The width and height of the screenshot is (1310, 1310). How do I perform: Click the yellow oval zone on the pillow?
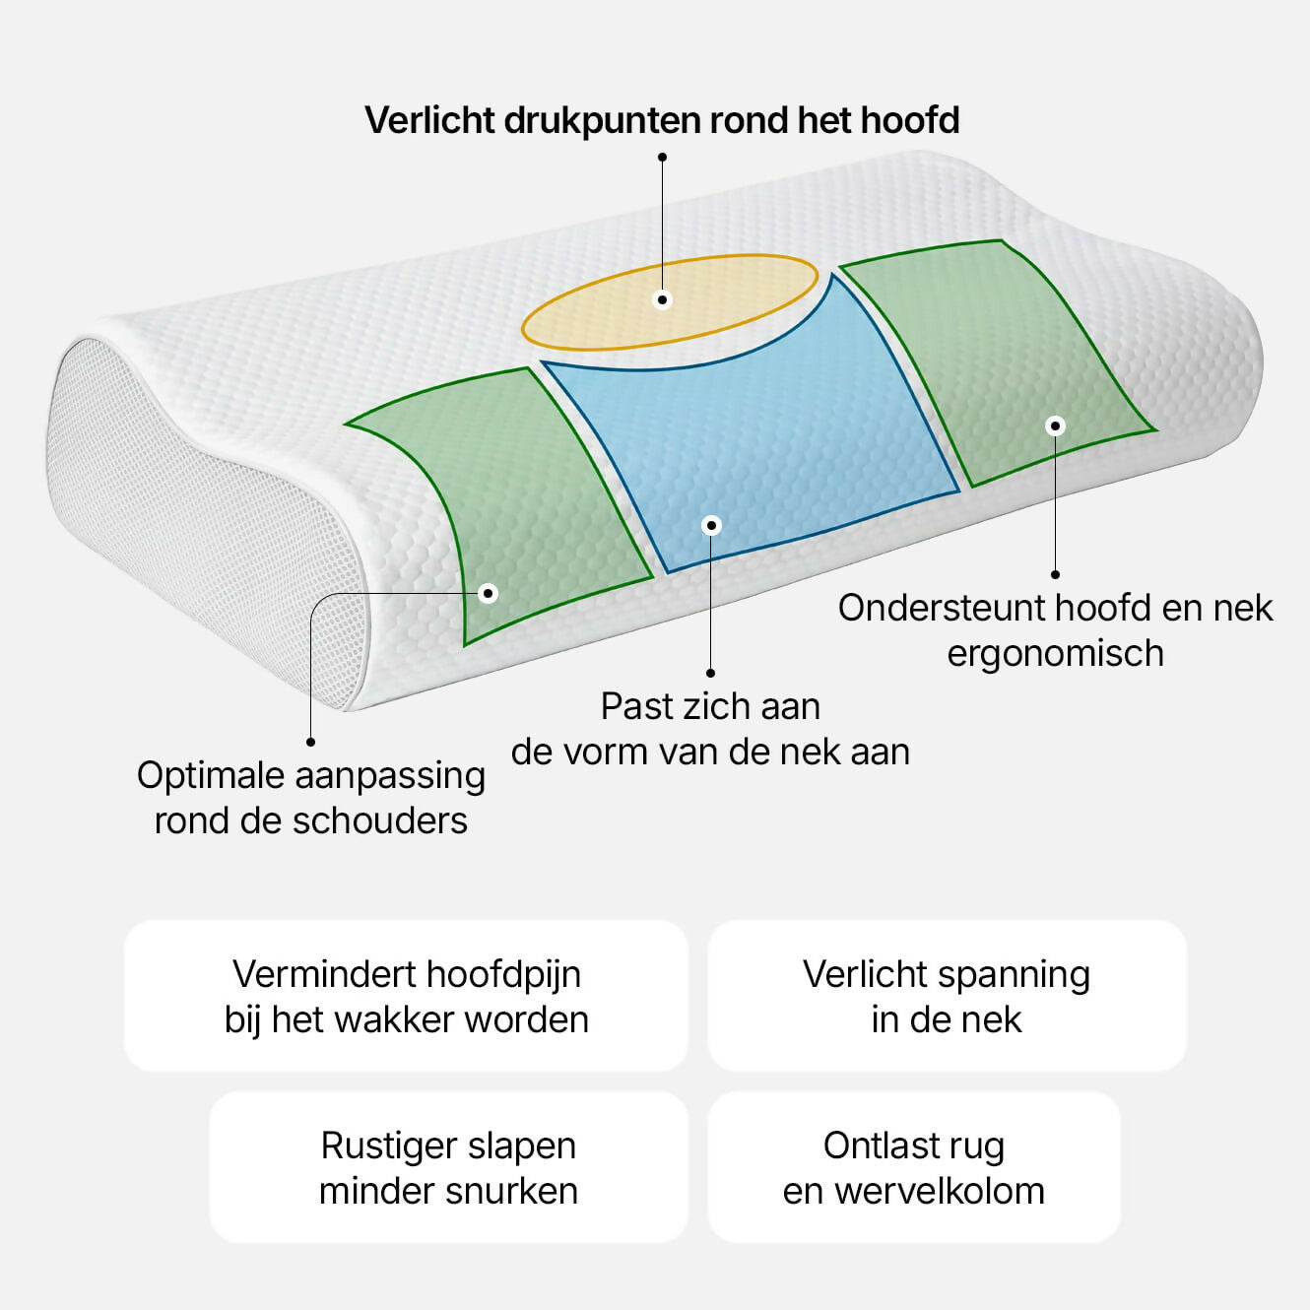click(x=670, y=302)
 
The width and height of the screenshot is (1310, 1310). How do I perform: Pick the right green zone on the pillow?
click(x=1000, y=360)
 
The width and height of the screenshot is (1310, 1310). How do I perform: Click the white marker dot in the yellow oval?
click(x=662, y=299)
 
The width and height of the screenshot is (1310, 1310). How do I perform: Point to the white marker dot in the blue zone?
click(x=711, y=525)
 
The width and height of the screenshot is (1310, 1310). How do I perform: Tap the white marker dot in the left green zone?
click(x=488, y=594)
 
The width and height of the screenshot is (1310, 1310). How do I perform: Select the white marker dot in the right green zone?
click(x=1055, y=426)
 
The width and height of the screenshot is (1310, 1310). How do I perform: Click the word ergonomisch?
click(x=1055, y=654)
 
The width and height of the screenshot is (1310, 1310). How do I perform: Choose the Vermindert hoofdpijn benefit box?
click(x=406, y=997)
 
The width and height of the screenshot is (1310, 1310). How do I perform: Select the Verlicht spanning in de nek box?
click(x=947, y=997)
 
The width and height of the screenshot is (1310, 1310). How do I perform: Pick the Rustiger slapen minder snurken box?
click(x=449, y=1167)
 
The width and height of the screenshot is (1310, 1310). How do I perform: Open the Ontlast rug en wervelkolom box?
click(x=914, y=1167)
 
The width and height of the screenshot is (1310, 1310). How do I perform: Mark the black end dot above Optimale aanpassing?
click(x=310, y=742)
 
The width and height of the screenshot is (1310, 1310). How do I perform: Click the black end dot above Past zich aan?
click(x=710, y=673)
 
